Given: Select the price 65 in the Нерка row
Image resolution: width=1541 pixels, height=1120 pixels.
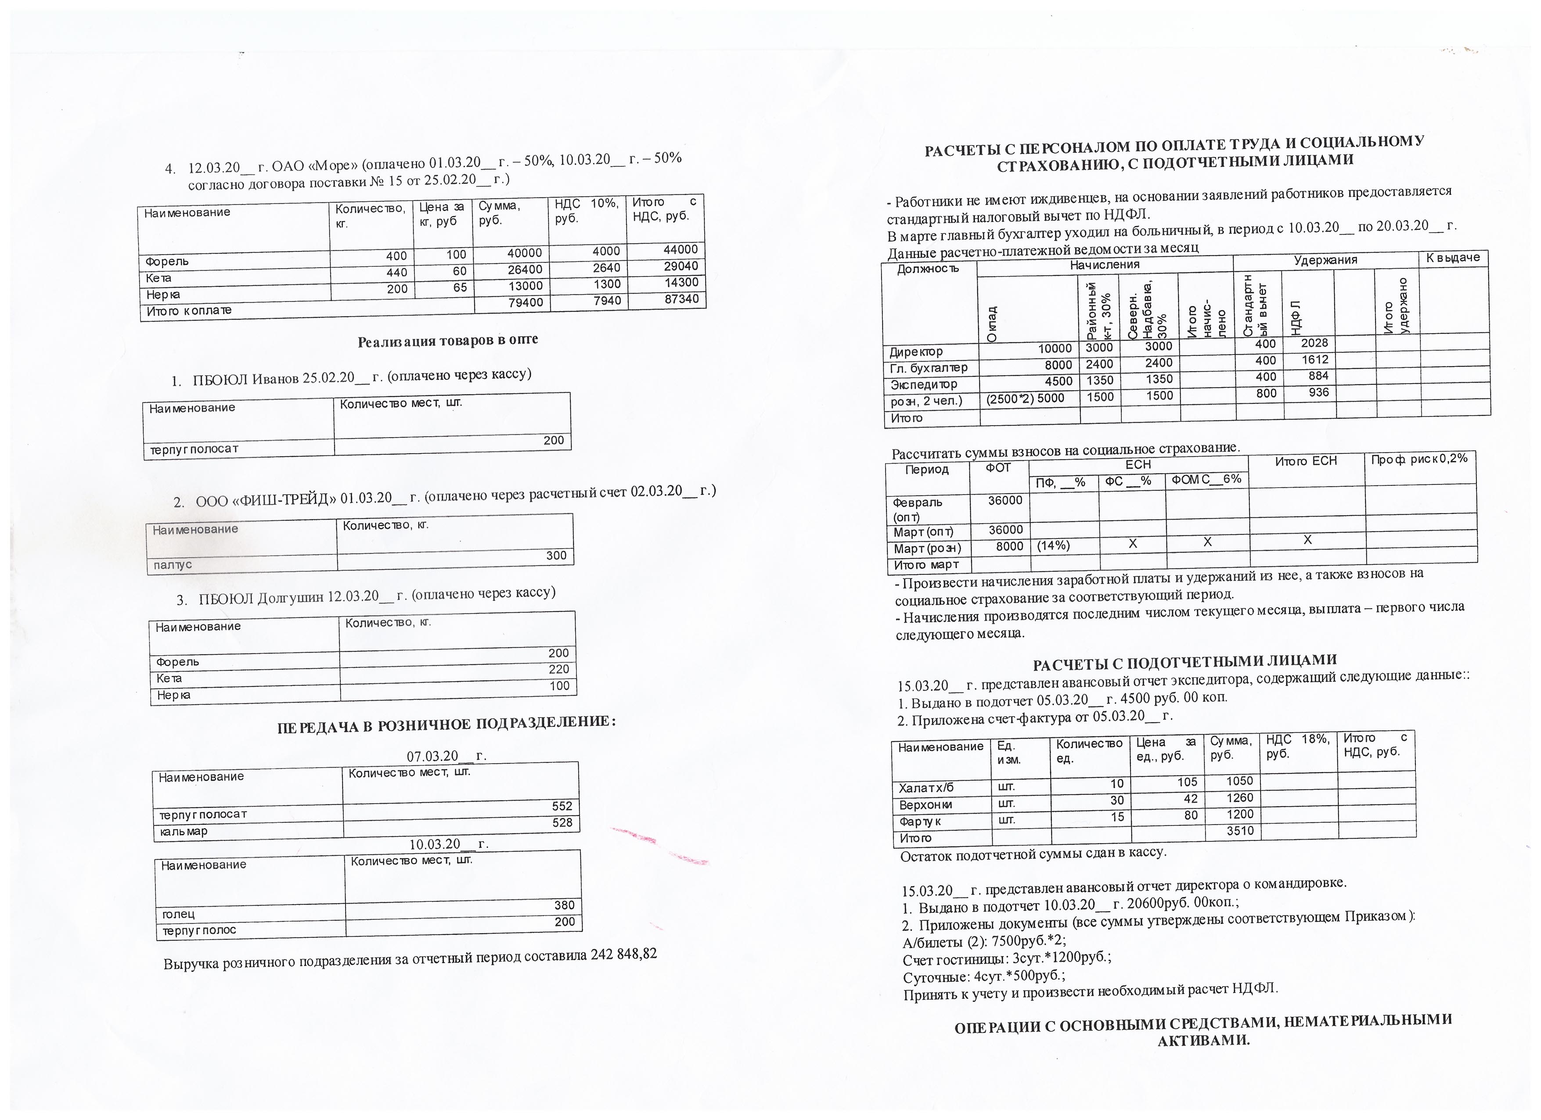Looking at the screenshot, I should pos(460,287).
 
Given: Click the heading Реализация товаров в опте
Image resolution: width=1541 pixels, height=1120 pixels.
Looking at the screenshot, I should pos(448,340).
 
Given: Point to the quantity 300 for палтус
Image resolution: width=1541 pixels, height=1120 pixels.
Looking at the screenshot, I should pos(556,556).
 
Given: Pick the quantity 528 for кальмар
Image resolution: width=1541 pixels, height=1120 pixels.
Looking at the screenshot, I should pos(562,822).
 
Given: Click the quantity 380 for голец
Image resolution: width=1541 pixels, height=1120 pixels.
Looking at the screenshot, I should pos(564,905).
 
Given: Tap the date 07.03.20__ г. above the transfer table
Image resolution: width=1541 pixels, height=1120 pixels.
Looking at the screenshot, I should pos(446,756).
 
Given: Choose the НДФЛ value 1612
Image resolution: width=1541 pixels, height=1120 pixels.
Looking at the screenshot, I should pos(1315,360).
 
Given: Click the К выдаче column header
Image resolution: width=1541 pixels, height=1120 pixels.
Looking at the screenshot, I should pos(1453,258).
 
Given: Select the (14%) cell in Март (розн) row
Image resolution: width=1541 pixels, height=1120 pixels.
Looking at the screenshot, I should pos(1053,546).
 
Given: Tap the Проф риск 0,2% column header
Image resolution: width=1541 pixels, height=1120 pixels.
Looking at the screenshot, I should pos(1419,459).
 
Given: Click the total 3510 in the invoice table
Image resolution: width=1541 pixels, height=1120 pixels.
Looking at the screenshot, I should pos(1239,831).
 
